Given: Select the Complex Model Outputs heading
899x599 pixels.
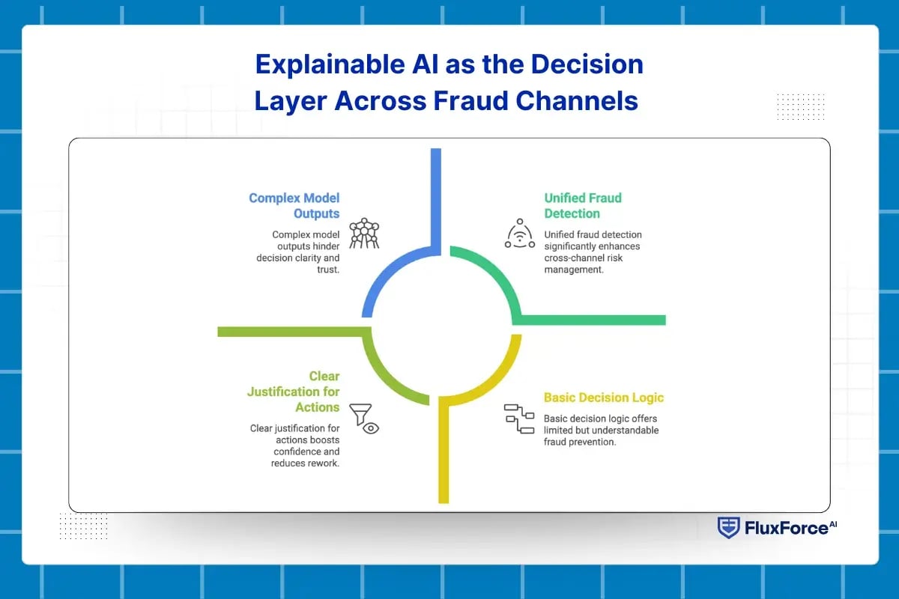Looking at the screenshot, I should tap(294, 206).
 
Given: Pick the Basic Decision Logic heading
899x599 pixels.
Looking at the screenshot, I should tap(603, 398).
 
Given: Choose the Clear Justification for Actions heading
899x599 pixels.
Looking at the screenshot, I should tap(294, 392).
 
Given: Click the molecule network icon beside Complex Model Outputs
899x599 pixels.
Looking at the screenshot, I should tap(365, 234).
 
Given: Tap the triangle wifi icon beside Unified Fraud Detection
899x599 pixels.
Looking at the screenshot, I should tap(519, 234).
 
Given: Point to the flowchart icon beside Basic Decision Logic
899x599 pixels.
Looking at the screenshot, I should tap(518, 419).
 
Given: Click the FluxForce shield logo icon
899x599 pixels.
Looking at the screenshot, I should tap(727, 528).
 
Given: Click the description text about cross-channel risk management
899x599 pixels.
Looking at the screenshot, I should tap(593, 252).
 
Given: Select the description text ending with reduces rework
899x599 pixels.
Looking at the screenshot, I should tap(294, 446).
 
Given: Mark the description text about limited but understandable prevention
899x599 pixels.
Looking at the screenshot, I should tap(601, 431).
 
